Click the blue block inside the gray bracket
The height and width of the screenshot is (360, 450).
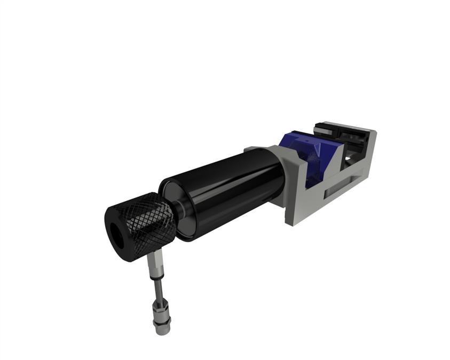click(315, 160)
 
